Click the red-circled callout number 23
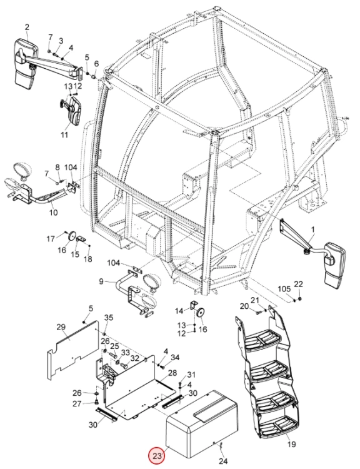[x=157, y=456]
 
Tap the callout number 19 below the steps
[x=291, y=444]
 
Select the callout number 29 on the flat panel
[x=61, y=327]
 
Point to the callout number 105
[x=284, y=289]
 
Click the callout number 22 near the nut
[x=298, y=284]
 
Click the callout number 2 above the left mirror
[x=27, y=28]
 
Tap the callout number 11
[x=64, y=135]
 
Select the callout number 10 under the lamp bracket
[x=53, y=213]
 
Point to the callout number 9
[x=101, y=281]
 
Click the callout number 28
[x=172, y=373]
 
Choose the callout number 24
[x=222, y=461]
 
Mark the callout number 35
[x=109, y=318]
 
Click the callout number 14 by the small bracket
[x=179, y=311]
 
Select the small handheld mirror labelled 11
[x=71, y=110]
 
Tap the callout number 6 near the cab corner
[x=96, y=64]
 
